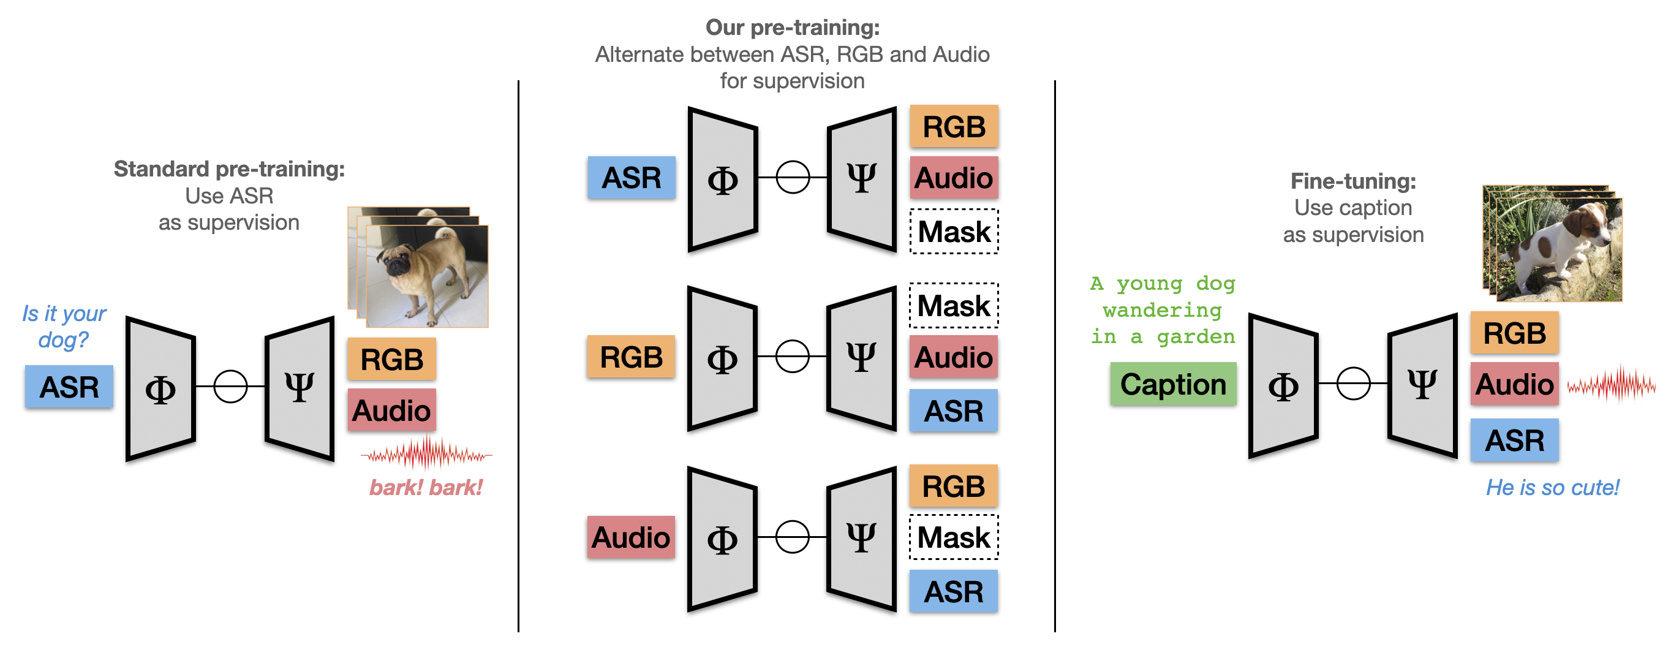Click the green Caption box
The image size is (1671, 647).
pos(1173,384)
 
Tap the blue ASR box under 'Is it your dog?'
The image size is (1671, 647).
pos(69,387)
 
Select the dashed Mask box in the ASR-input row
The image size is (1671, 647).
pos(954,232)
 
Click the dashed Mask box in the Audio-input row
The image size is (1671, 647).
pos(954,537)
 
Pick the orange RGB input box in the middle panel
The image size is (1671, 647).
pos(631,357)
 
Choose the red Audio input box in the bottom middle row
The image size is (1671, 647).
pos(631,537)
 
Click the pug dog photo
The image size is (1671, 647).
pos(418,267)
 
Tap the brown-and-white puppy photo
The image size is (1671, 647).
pos(1552,243)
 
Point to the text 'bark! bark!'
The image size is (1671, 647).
pos(426,487)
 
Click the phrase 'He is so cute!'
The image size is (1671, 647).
pos(1552,487)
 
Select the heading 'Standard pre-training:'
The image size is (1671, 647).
pos(229,168)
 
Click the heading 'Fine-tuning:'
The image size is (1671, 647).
pos(1353,181)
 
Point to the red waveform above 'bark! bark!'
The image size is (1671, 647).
pos(426,453)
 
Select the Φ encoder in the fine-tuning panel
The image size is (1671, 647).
pos(1283,386)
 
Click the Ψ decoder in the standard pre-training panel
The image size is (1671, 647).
pos(300,388)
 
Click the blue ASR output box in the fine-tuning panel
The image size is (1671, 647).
pos(1515,441)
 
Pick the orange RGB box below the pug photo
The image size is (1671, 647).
pos(392,359)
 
